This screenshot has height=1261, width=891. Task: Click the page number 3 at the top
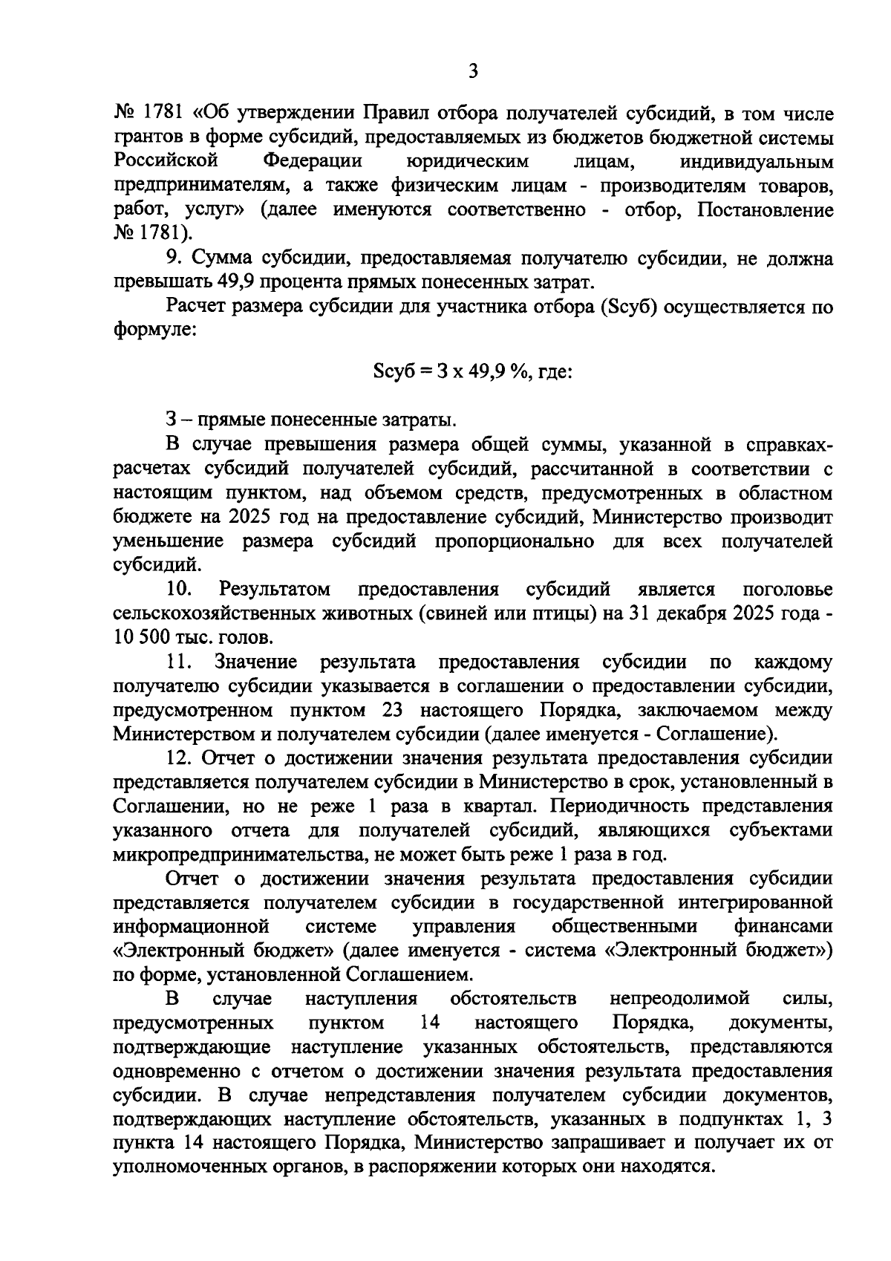[x=473, y=72]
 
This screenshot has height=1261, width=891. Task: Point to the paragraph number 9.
[x=173, y=258]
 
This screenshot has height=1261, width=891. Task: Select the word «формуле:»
[x=154, y=329]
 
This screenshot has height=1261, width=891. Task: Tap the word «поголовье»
[x=788, y=590]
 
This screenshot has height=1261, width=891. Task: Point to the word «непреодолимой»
[x=679, y=999]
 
